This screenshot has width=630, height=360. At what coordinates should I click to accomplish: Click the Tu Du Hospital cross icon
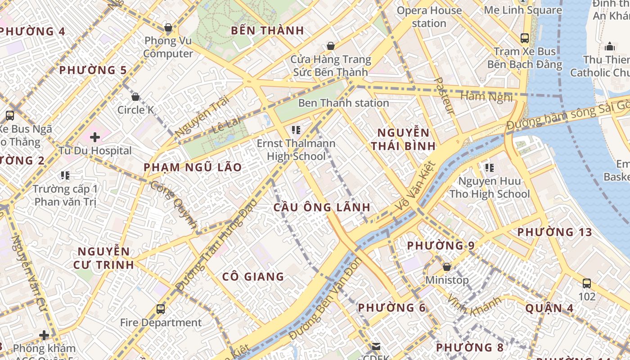(x=95, y=137)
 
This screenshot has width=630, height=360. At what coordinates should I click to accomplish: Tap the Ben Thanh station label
(x=343, y=103)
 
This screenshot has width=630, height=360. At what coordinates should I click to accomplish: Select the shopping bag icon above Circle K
(x=135, y=97)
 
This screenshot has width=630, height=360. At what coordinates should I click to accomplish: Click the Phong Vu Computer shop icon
(x=168, y=28)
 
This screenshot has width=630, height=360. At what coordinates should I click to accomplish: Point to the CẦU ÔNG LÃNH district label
(x=322, y=207)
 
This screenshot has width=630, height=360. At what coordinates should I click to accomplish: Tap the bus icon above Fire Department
(x=161, y=309)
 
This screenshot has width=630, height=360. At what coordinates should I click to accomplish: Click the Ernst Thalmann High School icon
(x=296, y=130)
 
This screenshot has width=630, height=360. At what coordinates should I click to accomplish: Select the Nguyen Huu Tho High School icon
(x=490, y=168)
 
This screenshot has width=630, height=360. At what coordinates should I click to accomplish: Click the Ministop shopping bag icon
(x=447, y=267)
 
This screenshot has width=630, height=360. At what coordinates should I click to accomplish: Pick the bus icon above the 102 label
(x=587, y=283)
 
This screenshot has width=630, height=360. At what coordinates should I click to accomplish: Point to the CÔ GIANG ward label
(x=253, y=277)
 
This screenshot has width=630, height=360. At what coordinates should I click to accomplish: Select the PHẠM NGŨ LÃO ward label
(x=193, y=167)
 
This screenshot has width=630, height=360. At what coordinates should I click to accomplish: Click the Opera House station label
(x=429, y=17)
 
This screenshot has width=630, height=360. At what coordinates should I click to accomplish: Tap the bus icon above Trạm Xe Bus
(x=525, y=38)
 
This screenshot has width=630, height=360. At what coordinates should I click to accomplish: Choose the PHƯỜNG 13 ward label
(x=554, y=232)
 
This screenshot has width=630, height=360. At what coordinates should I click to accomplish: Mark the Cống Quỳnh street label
(x=174, y=204)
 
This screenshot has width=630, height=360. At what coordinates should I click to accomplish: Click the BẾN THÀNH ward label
(x=267, y=31)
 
